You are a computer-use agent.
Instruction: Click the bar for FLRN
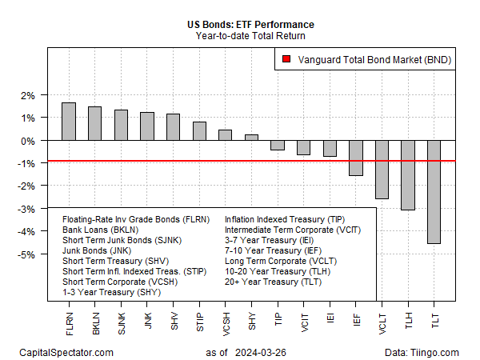tap(69, 122)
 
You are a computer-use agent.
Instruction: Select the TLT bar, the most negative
tap(434, 192)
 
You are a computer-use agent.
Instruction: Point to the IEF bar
tap(356, 158)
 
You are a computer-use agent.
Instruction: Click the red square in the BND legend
tap(286, 59)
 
